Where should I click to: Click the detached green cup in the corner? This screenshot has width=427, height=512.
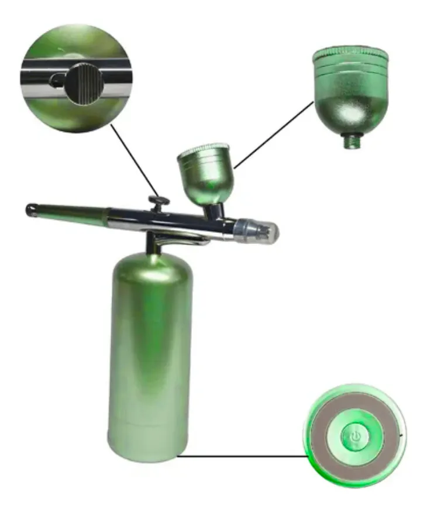click(350, 94)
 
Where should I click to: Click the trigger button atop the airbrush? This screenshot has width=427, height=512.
click(158, 202)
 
